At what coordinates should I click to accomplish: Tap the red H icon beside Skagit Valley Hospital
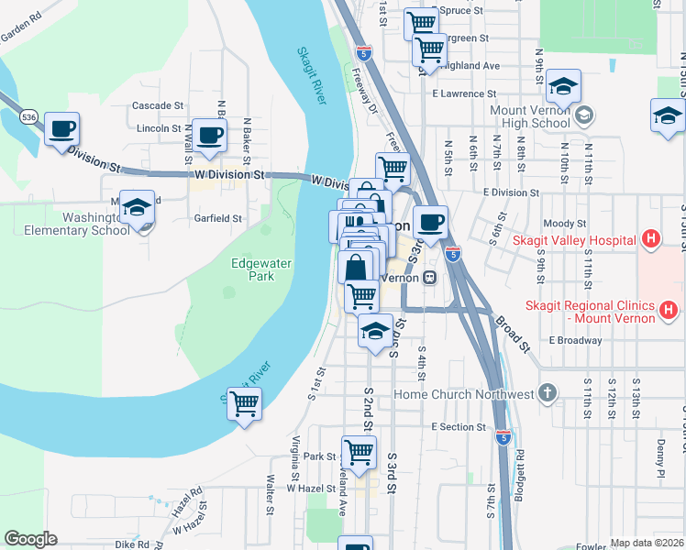pyautogui.click(x=650, y=240)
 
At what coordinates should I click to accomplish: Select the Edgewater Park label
pyautogui.click(x=252, y=269)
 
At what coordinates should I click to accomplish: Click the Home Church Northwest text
pyautogui.click(x=463, y=394)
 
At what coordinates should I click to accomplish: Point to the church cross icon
pyautogui.click(x=548, y=393)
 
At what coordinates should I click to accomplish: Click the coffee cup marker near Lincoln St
pyautogui.click(x=209, y=134)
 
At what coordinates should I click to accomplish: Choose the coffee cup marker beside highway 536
pyautogui.click(x=61, y=129)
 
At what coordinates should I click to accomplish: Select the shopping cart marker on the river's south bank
pyautogui.click(x=244, y=403)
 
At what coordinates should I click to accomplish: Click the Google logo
pyautogui.click(x=30, y=539)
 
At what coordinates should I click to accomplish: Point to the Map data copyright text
pyautogui.click(x=647, y=543)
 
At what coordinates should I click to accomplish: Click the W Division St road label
pyautogui.click(x=229, y=173)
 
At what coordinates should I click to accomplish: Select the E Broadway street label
pyautogui.click(x=575, y=340)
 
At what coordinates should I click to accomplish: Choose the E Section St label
pyautogui.click(x=464, y=427)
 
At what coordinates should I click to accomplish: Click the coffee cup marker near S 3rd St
pyautogui.click(x=429, y=221)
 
